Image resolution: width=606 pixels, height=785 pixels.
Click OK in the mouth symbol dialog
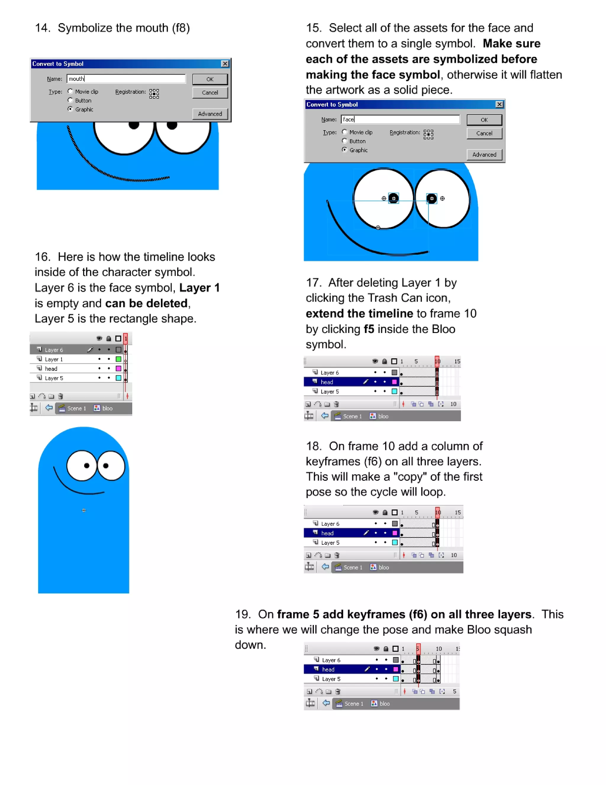[210, 79]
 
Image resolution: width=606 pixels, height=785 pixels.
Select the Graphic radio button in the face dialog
[345, 150]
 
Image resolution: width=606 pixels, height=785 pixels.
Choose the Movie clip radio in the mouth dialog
[70, 91]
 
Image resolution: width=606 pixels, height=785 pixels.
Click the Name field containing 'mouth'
[126, 79]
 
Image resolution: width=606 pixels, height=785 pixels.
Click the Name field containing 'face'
[400, 119]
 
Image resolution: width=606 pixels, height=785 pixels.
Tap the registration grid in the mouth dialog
[154, 94]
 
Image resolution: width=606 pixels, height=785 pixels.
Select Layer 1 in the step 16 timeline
[54, 359]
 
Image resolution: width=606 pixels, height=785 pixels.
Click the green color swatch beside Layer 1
[118, 359]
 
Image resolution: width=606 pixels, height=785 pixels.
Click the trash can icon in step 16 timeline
[61, 396]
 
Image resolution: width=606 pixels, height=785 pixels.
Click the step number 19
[242, 614]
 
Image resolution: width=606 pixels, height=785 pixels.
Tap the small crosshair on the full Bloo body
[84, 510]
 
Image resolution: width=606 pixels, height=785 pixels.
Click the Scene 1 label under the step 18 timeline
[352, 567]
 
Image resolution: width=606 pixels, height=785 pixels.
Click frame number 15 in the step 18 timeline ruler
[457, 512]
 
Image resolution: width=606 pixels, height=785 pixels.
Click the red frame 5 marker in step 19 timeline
[418, 648]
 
